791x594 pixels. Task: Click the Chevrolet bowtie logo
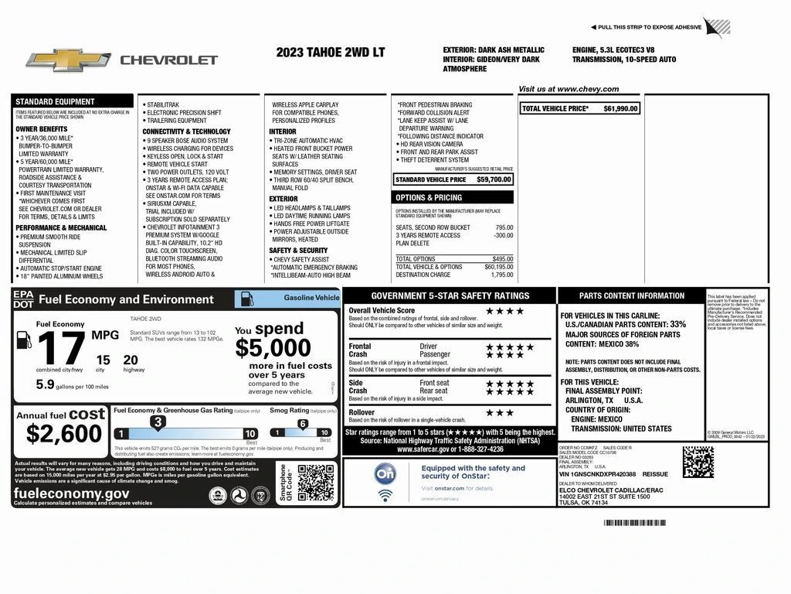click(69, 60)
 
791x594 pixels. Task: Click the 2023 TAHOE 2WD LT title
click(330, 53)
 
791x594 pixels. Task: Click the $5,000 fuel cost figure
click(273, 348)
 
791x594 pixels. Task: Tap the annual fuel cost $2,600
click(64, 434)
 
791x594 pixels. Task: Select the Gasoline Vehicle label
click(311, 297)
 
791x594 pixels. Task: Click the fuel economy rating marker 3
click(158, 422)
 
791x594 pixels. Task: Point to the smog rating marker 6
click(302, 423)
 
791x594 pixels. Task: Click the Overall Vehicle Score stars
click(505, 311)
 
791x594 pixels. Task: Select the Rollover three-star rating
click(499, 413)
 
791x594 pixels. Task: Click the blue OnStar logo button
click(385, 473)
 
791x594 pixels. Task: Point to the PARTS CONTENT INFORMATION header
click(632, 295)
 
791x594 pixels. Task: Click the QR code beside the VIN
click(698, 463)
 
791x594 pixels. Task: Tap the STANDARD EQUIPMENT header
click(55, 101)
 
